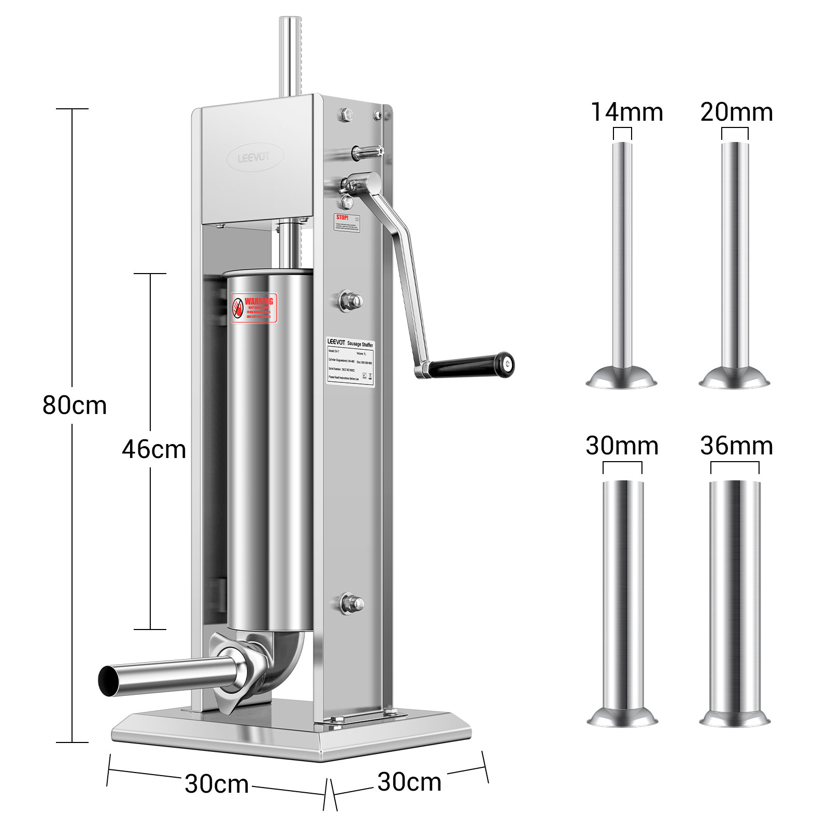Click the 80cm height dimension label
point(75,405)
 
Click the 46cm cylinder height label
point(154,449)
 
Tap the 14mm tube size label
point(627,112)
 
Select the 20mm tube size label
point(736,112)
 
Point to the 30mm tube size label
point(622,446)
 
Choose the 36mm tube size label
point(736,446)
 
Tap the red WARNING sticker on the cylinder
point(254,308)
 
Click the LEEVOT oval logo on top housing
point(255,157)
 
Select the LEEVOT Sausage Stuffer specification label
point(350,361)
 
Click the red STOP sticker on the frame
point(347,222)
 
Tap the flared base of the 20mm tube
point(734,379)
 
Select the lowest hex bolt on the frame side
point(351,603)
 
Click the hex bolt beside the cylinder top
point(351,301)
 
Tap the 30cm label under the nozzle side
point(217,783)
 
